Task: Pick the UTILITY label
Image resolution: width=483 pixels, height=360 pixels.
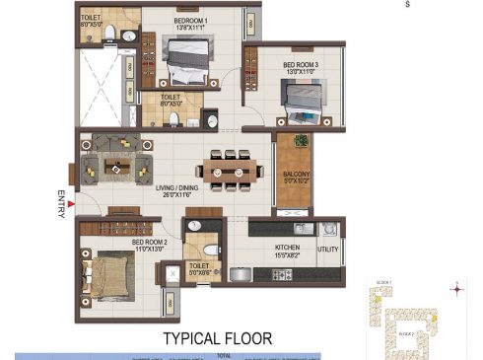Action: click(x=328, y=249)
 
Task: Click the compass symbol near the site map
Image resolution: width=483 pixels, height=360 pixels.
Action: click(x=455, y=290)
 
